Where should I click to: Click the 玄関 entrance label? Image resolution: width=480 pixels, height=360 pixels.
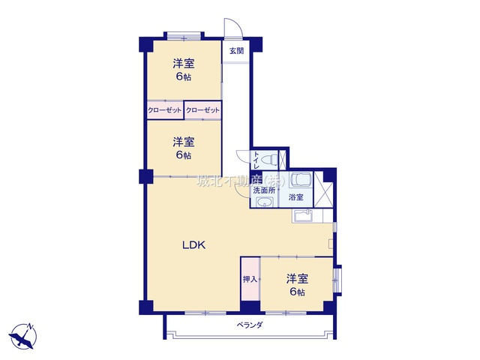pyautogui.click(x=237, y=51)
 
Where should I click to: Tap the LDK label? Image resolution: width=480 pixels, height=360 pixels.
pyautogui.click(x=193, y=244)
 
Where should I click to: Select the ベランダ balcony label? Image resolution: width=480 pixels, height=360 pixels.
pyautogui.click(x=249, y=325)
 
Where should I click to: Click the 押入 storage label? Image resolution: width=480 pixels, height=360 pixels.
pyautogui.click(x=250, y=279)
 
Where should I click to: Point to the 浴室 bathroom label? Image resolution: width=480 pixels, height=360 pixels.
pyautogui.click(x=296, y=197)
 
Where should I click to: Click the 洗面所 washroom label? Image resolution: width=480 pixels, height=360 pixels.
pyautogui.click(x=263, y=190)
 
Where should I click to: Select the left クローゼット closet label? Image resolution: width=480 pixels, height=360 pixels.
pyautogui.click(x=165, y=111)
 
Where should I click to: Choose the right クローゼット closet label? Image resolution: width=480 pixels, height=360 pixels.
pyautogui.click(x=202, y=111)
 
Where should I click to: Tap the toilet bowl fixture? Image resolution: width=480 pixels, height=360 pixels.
pyautogui.click(x=272, y=159)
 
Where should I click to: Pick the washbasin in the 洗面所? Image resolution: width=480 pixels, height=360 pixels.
pyautogui.click(x=263, y=204)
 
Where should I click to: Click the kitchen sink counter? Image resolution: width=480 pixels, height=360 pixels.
pyautogui.click(x=306, y=217)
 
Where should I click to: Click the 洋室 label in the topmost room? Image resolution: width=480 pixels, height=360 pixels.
pyautogui.click(x=184, y=63)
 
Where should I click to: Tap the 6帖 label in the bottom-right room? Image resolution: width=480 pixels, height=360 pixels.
pyautogui.click(x=296, y=292)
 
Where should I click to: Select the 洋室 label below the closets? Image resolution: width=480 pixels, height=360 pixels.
pyautogui.click(x=184, y=142)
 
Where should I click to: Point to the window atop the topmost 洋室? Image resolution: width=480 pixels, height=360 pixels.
pyautogui.click(x=184, y=34)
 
